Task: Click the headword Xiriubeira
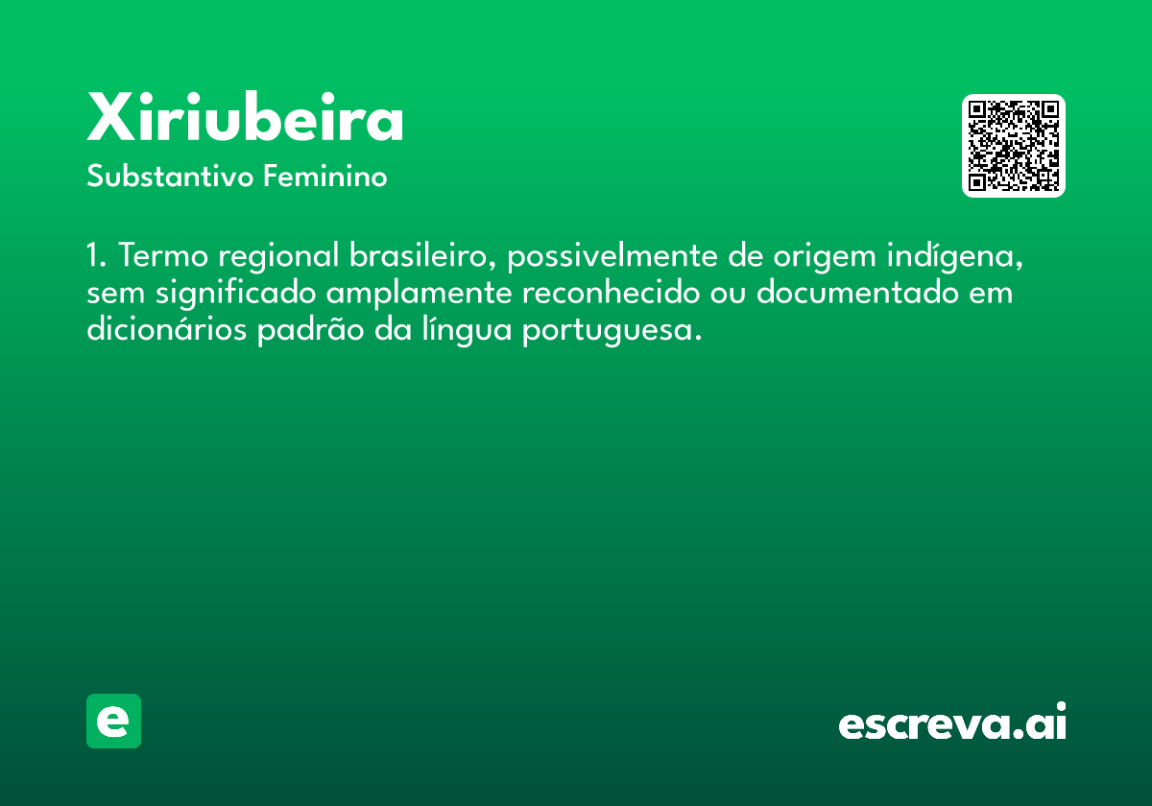(x=245, y=120)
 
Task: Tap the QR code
(x=1013, y=146)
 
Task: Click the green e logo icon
(x=113, y=721)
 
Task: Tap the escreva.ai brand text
(x=952, y=723)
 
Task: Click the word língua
(x=456, y=331)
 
